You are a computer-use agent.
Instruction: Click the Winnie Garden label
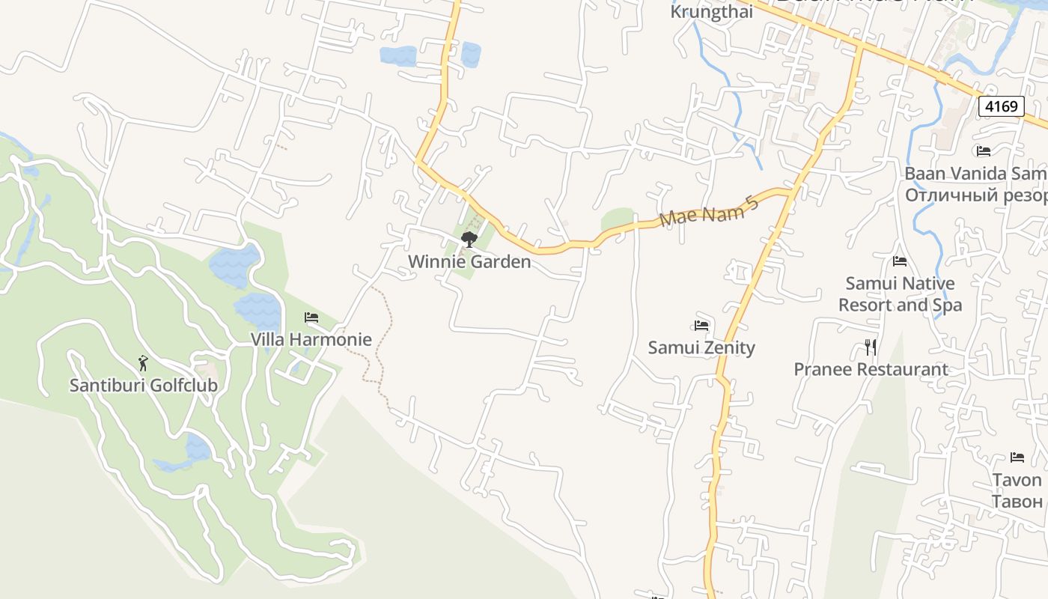[x=469, y=261]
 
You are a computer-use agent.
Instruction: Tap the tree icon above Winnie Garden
[x=469, y=240]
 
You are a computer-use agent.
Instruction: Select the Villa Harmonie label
[x=311, y=339]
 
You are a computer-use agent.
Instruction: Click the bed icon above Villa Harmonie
[x=311, y=317]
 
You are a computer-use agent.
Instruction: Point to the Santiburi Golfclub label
[x=143, y=386]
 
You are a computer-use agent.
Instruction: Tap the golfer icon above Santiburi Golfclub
[x=143, y=364]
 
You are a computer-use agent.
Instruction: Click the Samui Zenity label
[x=701, y=347]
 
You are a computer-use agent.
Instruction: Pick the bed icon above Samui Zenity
[x=701, y=326]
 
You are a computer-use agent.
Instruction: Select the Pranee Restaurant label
[x=871, y=369]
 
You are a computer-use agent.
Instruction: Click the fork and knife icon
[x=870, y=347]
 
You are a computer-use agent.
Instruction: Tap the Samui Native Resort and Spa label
[x=900, y=294]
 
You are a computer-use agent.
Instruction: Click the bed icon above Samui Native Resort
[x=900, y=261]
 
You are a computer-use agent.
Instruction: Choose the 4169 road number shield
[x=1001, y=106]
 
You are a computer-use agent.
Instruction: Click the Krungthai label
[x=711, y=12]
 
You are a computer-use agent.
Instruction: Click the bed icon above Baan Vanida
[x=984, y=151]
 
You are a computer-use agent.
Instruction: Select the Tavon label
[x=1017, y=479]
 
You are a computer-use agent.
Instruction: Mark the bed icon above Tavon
[x=1017, y=457]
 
